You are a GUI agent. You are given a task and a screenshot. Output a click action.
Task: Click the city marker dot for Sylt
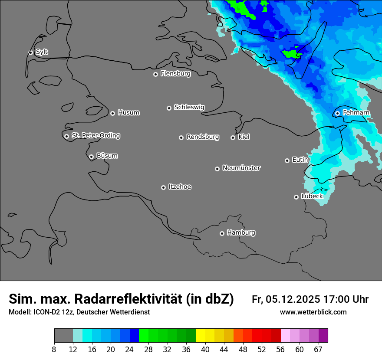[31, 52]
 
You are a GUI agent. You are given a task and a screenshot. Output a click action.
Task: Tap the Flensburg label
[175, 74]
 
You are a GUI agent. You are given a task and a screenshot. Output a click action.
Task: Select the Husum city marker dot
[112, 113]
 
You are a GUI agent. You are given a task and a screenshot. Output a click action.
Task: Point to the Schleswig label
[189, 107]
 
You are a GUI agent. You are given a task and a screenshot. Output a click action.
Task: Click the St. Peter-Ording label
[95, 136]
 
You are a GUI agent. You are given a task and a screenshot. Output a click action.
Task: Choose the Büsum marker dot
[91, 157]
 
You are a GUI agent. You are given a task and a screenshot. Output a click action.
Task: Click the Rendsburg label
[203, 137]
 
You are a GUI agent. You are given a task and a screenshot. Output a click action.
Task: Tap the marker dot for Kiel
[233, 137]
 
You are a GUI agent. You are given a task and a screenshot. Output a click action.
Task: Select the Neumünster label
[241, 168]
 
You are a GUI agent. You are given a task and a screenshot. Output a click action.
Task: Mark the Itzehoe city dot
[163, 187]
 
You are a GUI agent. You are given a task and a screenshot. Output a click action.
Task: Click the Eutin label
[300, 160]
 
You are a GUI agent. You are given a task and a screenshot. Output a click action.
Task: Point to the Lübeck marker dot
[296, 197]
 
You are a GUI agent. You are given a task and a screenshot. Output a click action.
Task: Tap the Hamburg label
[241, 233]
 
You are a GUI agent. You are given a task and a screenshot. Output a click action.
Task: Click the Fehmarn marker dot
[337, 113]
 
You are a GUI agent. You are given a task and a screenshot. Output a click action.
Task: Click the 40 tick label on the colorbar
[205, 350]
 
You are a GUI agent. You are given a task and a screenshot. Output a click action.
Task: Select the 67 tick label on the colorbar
[318, 350]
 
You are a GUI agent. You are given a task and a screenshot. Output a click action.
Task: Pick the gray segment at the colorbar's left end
[63, 335]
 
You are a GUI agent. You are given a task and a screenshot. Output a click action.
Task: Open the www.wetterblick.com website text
[313, 312]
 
